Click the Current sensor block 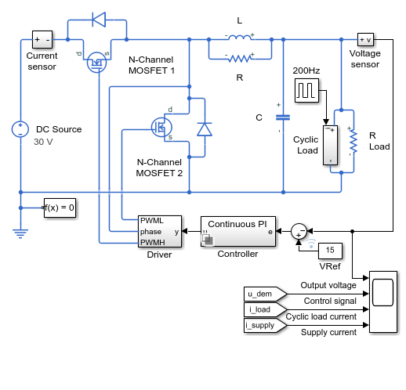point(42,39)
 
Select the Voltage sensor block point(365,40)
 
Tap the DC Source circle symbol point(20,129)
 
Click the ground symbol point(20,233)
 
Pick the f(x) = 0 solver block point(60,208)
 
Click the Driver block point(160,231)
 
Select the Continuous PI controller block point(238,231)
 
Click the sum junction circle point(299,231)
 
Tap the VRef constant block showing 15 point(330,251)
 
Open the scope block point(383,302)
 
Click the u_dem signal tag point(265,294)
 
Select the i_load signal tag point(265,309)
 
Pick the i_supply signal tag point(265,325)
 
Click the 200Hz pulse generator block point(306,90)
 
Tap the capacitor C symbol point(283,117)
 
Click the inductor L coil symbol point(240,38)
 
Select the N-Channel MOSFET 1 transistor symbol point(96,63)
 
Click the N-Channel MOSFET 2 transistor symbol point(161,128)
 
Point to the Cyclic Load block point(330,145)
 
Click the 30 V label point(43,142)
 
